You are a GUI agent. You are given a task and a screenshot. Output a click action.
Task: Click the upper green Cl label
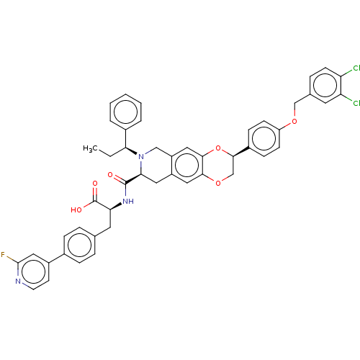point(355,70)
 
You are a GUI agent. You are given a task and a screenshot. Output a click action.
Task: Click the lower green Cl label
point(355,103)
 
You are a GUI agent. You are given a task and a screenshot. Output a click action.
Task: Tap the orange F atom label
point(4,256)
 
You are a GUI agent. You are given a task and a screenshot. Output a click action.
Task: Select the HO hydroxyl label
point(77,210)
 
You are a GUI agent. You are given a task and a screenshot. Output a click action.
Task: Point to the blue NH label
point(129,202)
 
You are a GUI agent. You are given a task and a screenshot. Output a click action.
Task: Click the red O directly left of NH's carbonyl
point(110,175)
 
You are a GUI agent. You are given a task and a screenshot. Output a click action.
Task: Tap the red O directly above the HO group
point(95,184)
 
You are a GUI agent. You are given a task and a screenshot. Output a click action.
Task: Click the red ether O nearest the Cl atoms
point(293,122)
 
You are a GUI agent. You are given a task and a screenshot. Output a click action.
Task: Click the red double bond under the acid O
point(94,192)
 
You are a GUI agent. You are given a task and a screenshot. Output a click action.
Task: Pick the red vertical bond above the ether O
point(293,114)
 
